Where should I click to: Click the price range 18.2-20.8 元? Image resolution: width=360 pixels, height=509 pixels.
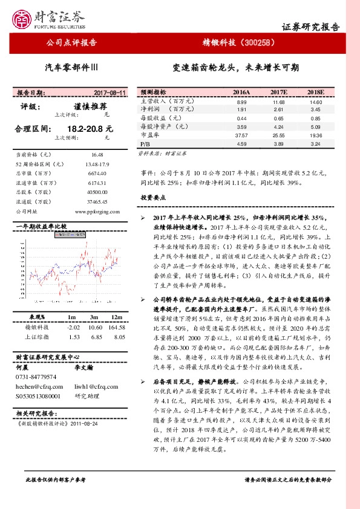click(90, 129)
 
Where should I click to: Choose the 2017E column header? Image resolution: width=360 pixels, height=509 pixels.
click(278, 92)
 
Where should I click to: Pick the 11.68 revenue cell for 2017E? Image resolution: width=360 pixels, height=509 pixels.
click(278, 102)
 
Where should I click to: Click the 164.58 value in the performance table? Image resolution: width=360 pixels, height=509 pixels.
click(116, 326)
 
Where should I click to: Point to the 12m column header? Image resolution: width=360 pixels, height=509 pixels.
click(116, 317)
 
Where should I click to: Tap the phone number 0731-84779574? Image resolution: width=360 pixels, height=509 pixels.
click(36, 376)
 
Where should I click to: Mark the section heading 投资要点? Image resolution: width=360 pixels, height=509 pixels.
click(153, 198)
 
